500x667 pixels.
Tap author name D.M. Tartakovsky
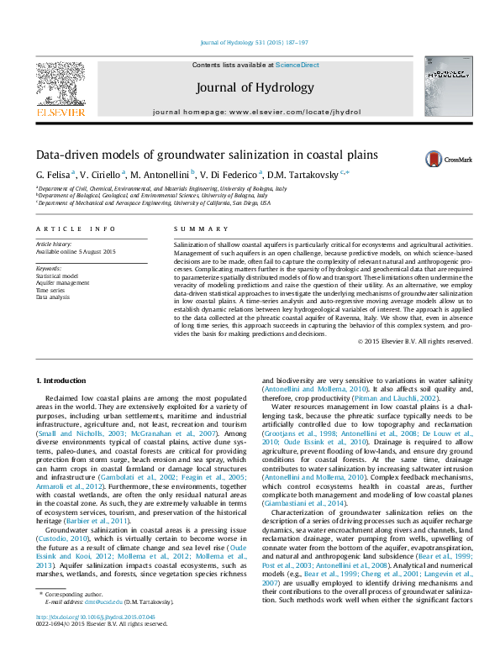point(305,175)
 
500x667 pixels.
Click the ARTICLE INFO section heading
point(76,228)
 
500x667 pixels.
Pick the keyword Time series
point(51,290)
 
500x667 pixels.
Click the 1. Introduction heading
point(64,381)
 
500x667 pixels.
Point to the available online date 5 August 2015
point(76,251)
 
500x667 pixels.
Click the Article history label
point(55,244)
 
